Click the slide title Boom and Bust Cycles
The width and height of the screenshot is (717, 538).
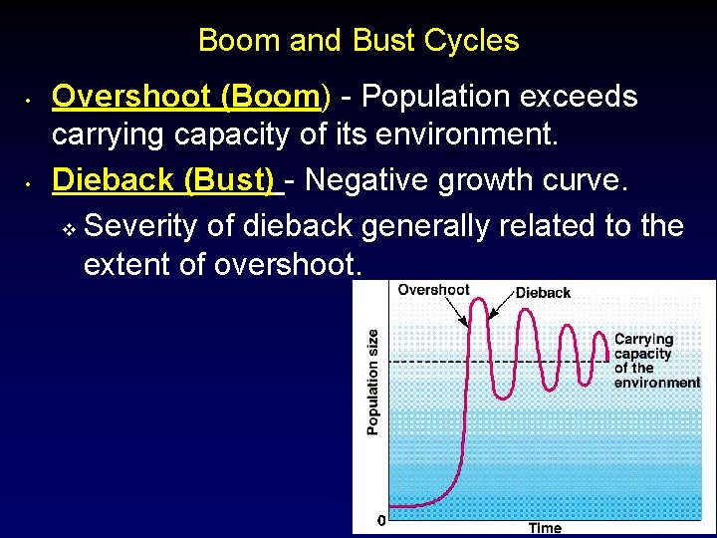(358, 41)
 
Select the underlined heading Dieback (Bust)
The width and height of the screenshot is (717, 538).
(163, 180)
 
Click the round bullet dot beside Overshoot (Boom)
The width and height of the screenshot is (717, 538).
(31, 100)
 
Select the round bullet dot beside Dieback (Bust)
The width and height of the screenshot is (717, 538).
(31, 183)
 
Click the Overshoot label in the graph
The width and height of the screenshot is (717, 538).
(433, 290)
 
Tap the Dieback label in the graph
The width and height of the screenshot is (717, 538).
(543, 293)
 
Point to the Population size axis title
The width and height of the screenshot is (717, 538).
(372, 382)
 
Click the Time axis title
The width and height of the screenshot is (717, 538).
(545, 528)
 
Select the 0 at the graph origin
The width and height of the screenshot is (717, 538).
(380, 520)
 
